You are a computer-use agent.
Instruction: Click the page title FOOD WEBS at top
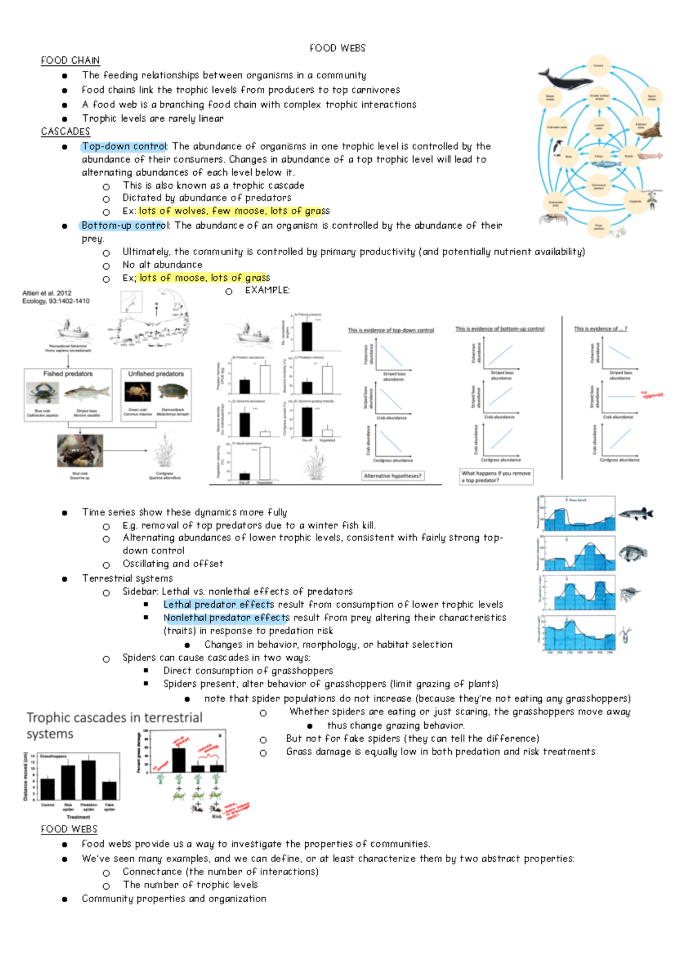point(337,48)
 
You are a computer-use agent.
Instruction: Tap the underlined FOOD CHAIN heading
point(70,60)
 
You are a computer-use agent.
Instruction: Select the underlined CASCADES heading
point(65,131)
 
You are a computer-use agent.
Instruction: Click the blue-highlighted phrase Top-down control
point(124,146)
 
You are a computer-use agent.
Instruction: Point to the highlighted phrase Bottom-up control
point(124,225)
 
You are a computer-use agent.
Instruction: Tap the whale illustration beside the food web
point(561,79)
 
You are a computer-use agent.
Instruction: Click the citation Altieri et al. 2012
point(47,293)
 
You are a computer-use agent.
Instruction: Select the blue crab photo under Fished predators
point(43,392)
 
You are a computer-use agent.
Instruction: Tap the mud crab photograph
point(80,451)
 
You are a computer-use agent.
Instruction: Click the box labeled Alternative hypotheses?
point(393,476)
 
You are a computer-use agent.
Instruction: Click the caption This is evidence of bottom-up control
point(500,329)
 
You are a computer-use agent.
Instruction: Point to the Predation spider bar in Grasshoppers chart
point(88,780)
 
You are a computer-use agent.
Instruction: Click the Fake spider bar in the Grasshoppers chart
point(109,790)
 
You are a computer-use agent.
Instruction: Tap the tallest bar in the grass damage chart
point(179,760)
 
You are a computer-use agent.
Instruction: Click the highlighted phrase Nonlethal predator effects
point(226,618)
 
